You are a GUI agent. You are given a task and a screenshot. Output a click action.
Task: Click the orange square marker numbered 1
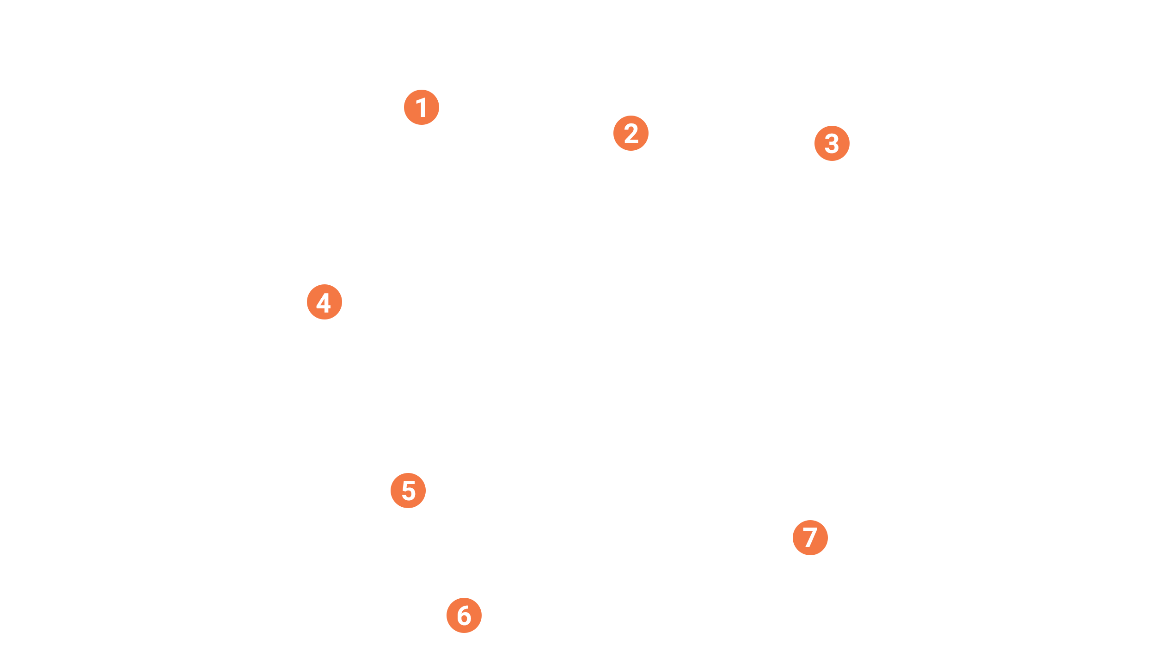(422, 108)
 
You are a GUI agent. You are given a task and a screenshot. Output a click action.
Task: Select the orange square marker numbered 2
(631, 133)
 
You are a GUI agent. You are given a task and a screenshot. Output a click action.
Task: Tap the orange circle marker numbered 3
(832, 143)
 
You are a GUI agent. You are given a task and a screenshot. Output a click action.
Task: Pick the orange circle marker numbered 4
(324, 302)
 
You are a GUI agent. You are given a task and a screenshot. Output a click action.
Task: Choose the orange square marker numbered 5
(408, 491)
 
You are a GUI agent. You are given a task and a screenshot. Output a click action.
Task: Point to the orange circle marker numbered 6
(464, 615)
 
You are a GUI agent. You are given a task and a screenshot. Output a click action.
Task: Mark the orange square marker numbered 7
(810, 537)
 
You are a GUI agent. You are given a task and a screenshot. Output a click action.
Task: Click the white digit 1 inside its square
(422, 108)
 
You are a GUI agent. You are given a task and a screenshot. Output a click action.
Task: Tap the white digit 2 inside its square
(631, 134)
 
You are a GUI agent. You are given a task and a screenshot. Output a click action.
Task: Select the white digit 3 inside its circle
(832, 144)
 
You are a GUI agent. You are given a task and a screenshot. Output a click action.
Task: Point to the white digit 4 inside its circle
(324, 303)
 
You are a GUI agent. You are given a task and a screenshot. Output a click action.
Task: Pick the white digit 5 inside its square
(409, 491)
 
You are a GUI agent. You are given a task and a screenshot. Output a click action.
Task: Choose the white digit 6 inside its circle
(464, 616)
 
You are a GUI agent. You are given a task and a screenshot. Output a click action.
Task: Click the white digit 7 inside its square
(810, 538)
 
